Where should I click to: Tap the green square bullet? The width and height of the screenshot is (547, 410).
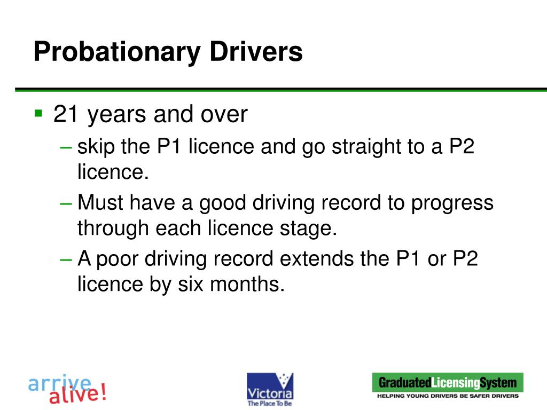click(38, 113)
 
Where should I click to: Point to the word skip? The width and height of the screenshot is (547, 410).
click(96, 146)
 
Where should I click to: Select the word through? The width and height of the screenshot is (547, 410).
click(113, 228)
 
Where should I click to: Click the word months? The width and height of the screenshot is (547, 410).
click(245, 284)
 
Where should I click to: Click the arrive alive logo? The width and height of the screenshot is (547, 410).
click(67, 389)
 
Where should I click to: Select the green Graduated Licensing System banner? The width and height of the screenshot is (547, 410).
click(448, 382)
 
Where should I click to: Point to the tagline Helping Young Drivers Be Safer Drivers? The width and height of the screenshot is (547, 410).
click(448, 396)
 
